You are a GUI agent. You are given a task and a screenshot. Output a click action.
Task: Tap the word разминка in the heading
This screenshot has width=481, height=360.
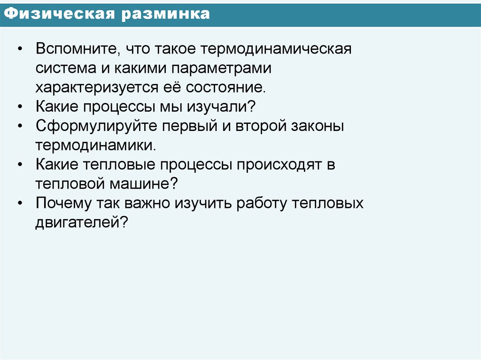[x=166, y=14]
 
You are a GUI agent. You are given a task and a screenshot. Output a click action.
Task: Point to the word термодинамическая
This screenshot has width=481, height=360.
[x=276, y=49]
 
